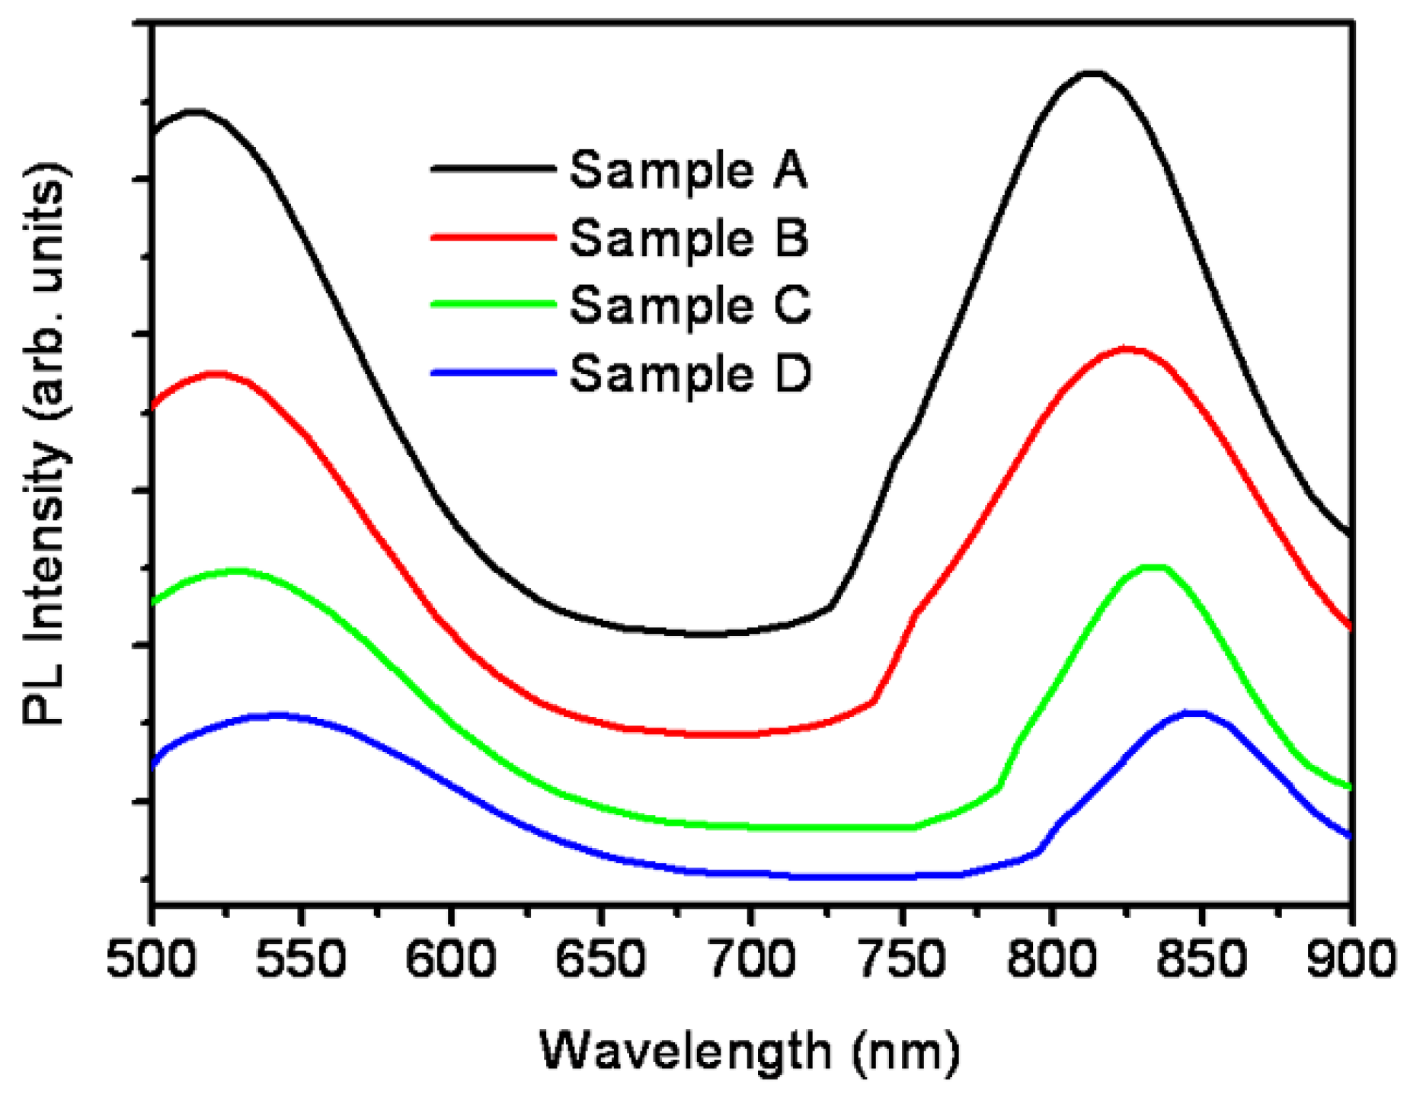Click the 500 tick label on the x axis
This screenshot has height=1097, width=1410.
coord(151,959)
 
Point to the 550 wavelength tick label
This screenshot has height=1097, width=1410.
coord(301,959)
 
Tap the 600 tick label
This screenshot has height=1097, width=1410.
coord(450,959)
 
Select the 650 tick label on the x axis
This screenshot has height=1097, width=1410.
coord(600,959)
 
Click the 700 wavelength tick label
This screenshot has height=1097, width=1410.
coord(750,959)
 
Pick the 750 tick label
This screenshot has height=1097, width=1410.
coord(900,959)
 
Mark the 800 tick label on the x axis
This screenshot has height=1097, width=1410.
coord(1050,959)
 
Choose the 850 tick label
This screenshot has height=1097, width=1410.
coord(1201,959)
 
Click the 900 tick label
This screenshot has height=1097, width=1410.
coord(1350,959)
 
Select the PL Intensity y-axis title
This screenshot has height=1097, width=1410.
coord(46,446)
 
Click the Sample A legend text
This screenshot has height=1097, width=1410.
coord(688,171)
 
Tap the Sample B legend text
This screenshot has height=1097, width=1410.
coord(689,238)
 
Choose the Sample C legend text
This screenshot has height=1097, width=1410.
coord(690,306)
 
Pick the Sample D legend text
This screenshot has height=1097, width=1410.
coord(690,374)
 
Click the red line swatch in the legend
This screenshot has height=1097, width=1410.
coord(493,238)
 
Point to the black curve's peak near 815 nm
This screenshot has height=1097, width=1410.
coord(1092,73)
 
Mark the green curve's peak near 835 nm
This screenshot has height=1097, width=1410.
coord(1154,567)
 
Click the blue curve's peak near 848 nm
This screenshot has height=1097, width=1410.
coord(1194,713)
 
